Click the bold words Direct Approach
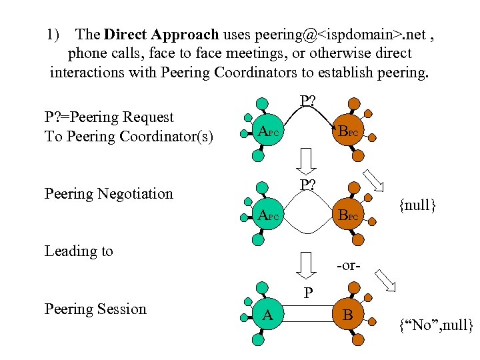162,34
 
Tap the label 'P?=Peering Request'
109,117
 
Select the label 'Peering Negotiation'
108,194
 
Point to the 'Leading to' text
79,251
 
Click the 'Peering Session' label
95,309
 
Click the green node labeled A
267,315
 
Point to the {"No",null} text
435,326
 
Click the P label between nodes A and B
307,293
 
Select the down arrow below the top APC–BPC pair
306,160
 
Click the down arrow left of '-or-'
306,265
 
